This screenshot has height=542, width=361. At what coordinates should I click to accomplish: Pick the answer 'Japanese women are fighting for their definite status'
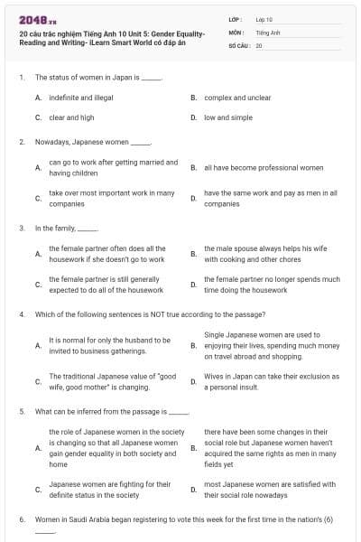tap(109, 490)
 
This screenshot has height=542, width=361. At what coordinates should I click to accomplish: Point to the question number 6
tap(22, 520)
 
